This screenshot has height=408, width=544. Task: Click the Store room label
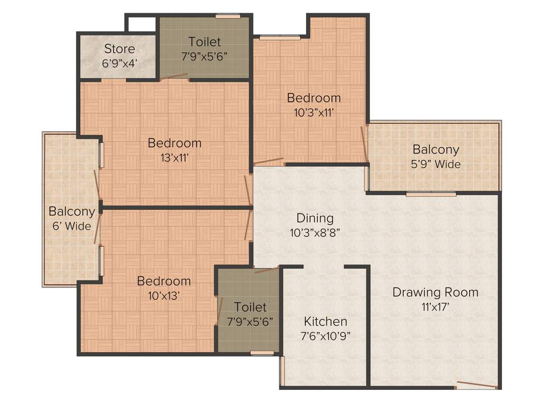(120, 49)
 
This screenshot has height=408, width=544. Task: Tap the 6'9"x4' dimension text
(120, 62)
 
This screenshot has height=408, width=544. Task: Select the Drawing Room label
(435, 292)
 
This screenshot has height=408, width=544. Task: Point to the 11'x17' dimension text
(435, 306)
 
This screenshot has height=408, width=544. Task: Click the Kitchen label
(325, 321)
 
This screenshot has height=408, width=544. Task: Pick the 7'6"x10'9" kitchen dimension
(325, 335)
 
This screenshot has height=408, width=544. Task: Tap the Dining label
(314, 218)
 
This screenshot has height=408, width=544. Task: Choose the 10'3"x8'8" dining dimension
(314, 232)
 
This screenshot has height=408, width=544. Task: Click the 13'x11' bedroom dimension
(174, 157)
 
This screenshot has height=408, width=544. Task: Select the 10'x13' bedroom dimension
(164, 295)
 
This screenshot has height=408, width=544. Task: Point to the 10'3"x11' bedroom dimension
(313, 112)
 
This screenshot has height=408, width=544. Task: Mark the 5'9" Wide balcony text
(436, 164)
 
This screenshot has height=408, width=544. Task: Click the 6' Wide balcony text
(72, 226)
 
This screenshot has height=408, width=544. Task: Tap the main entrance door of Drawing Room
(477, 385)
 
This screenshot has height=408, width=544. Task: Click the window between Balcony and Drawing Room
(431, 194)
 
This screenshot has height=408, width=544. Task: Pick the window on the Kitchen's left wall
(282, 370)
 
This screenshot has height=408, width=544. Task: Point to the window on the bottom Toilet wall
(262, 353)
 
